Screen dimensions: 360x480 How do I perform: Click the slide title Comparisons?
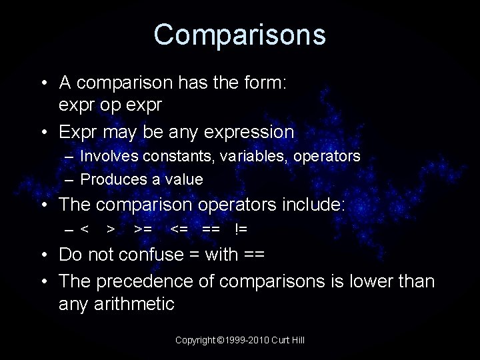(239, 35)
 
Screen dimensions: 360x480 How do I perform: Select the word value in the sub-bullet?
(185, 179)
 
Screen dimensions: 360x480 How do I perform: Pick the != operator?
(241, 229)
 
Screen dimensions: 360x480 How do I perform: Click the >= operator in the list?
(142, 229)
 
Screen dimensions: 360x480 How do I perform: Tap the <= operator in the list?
(179, 229)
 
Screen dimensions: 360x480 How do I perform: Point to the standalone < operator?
(85, 229)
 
